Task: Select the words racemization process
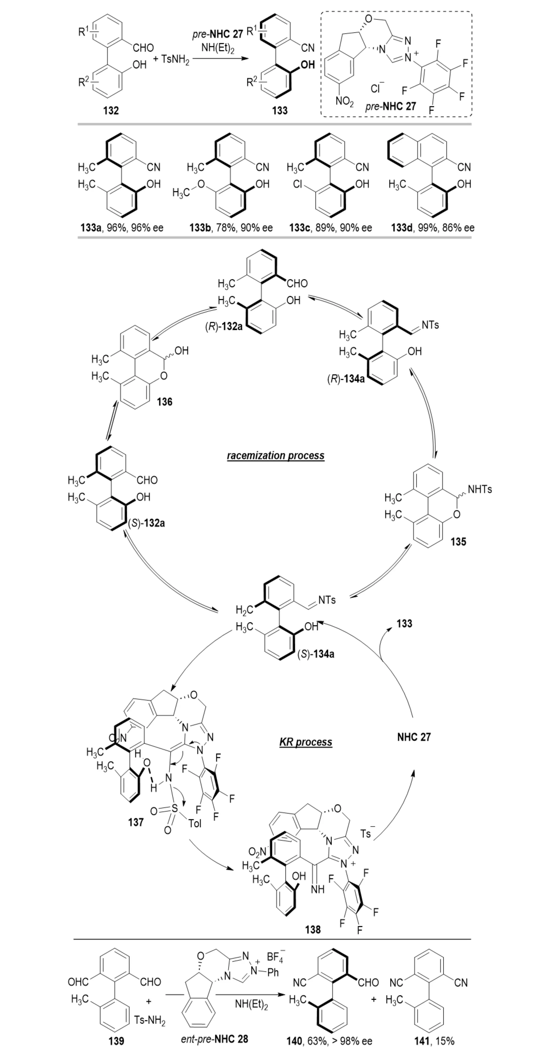pos(275,455)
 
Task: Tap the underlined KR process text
pos(306,742)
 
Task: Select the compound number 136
pos(165,402)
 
